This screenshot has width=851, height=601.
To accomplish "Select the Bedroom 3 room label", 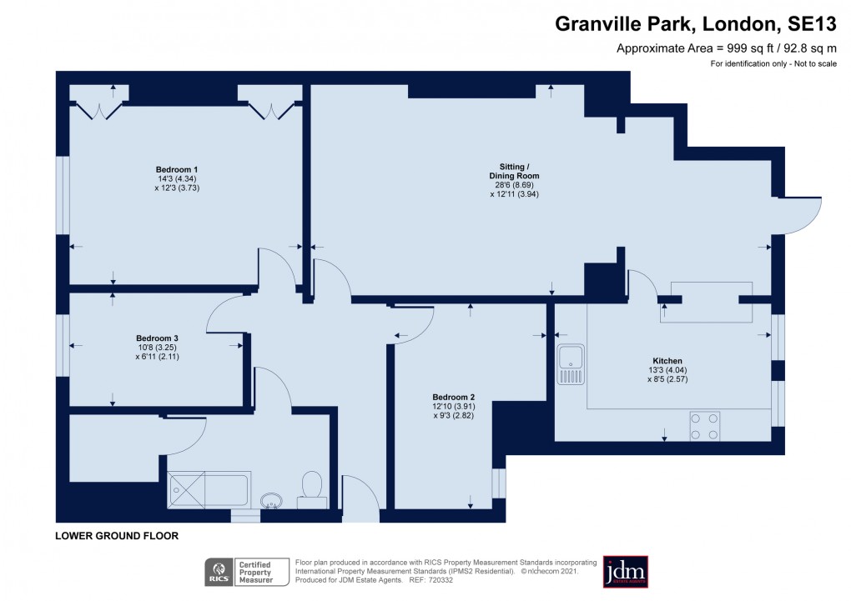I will (157, 338).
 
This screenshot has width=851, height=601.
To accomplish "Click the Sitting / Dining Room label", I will (514, 171).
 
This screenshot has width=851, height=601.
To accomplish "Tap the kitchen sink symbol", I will (571, 364).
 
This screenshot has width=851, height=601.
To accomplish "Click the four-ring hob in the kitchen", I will (704, 426).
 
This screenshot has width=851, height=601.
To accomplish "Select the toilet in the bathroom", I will (310, 488).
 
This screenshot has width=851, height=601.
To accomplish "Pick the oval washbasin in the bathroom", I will (271, 500).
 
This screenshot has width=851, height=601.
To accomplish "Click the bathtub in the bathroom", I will (209, 490).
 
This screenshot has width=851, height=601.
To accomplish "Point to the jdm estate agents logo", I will (625, 571).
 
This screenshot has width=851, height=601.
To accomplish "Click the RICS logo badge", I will (219, 573).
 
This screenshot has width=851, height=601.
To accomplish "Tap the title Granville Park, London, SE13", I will (696, 25).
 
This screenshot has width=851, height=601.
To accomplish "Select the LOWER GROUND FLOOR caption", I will (117, 536).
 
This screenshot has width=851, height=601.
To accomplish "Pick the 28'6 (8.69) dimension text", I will (514, 185).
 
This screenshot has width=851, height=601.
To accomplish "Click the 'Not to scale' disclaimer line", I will (773, 64).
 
